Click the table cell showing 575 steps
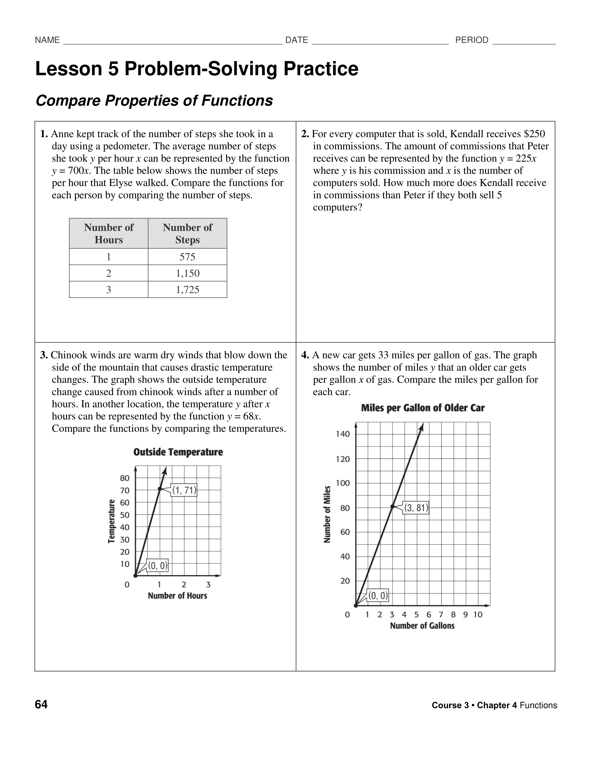pyautogui.click(x=187, y=257)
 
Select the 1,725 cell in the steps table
pyautogui.click(x=187, y=290)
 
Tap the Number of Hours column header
pyautogui.click(x=109, y=233)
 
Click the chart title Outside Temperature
pyautogui.click(x=178, y=452)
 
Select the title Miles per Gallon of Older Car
pyautogui.click(x=423, y=408)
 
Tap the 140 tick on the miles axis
pyautogui.click(x=343, y=434)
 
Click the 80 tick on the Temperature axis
pyautogui.click(x=124, y=478)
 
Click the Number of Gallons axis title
pyautogui.click(x=422, y=626)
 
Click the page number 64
pyautogui.click(x=41, y=705)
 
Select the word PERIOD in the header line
pyautogui.click(x=472, y=40)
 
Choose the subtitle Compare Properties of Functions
pyautogui.click(x=154, y=101)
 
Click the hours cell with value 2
pyautogui.click(x=109, y=273)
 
